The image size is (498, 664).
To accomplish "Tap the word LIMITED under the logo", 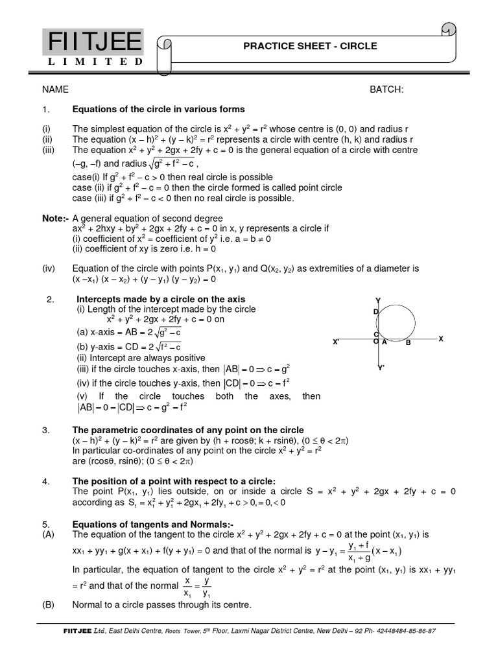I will click(95, 62).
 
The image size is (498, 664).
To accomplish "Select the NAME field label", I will click(56, 89).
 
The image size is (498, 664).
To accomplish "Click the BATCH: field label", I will click(386, 89).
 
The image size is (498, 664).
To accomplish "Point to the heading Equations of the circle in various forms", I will click(158, 109).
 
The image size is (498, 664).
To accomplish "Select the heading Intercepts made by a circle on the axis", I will click(161, 299).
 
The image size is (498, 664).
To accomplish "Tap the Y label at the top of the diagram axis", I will click(377, 300).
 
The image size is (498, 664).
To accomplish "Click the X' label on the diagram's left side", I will click(336, 342).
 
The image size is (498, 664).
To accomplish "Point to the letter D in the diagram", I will click(375, 313).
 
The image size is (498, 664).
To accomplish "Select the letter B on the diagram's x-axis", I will click(409, 342).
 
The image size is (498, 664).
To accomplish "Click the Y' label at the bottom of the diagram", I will click(381, 368).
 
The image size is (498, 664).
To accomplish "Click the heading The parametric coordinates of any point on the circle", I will click(188, 430).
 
